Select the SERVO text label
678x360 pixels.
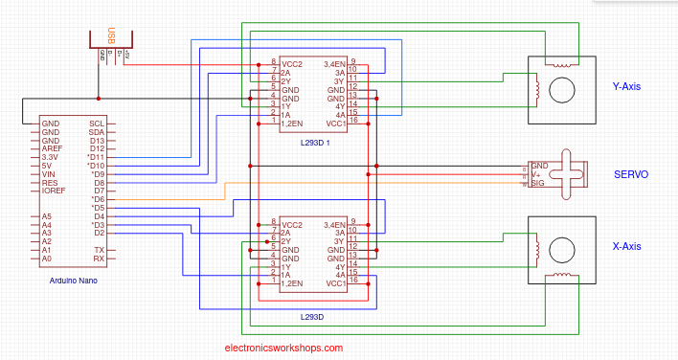tap(631, 175)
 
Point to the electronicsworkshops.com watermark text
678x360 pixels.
tap(282, 349)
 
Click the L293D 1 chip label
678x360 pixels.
tap(314, 143)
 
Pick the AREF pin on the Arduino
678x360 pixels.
tap(52, 149)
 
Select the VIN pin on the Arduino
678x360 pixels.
tap(50, 174)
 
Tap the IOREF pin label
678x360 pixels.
tap(54, 191)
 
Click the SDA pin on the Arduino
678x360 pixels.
tap(97, 132)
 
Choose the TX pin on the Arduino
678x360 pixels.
tap(99, 250)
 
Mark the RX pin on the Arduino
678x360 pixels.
tap(99, 259)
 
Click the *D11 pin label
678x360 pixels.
tap(97, 157)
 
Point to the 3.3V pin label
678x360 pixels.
tap(51, 157)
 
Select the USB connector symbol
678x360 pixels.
tap(114, 43)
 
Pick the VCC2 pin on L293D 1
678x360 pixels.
tap(292, 62)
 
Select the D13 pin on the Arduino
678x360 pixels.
tap(98, 141)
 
